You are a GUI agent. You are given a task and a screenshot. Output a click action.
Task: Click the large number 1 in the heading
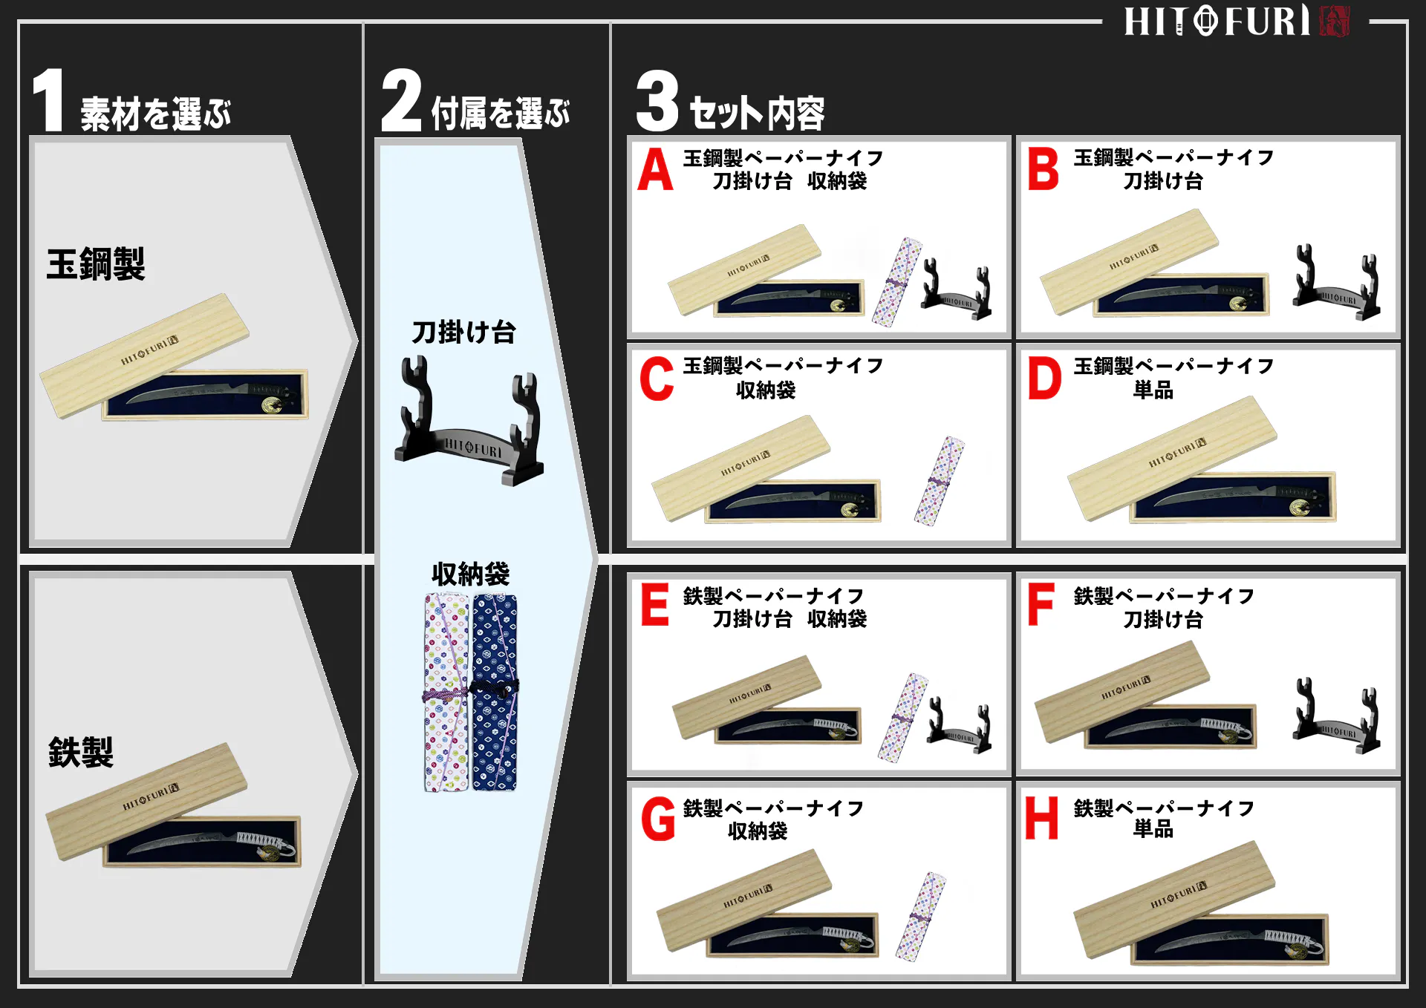(x=49, y=100)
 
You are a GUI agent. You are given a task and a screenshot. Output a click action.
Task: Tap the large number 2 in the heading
(x=401, y=100)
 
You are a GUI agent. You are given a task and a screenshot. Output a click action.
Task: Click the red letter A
(x=655, y=170)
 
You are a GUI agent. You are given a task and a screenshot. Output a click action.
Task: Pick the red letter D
(x=1044, y=379)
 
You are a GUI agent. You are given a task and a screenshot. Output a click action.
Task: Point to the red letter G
(x=658, y=819)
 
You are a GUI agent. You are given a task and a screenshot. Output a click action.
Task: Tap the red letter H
(x=1041, y=818)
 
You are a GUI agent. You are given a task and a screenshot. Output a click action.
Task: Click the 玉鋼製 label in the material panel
(x=96, y=264)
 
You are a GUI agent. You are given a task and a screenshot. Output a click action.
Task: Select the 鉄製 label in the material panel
(x=81, y=753)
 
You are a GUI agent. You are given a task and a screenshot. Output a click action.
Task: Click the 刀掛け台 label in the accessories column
(x=463, y=332)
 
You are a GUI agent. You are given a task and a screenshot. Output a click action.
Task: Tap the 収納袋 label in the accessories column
(x=470, y=574)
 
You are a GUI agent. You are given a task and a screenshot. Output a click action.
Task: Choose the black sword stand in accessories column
(x=470, y=423)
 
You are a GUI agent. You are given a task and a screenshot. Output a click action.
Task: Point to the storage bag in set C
(x=939, y=481)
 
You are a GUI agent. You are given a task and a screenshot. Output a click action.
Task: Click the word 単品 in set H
(x=1153, y=829)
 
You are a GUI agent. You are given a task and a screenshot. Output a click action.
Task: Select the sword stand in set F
(x=1335, y=718)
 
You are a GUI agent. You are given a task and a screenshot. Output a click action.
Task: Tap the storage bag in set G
(x=921, y=917)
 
